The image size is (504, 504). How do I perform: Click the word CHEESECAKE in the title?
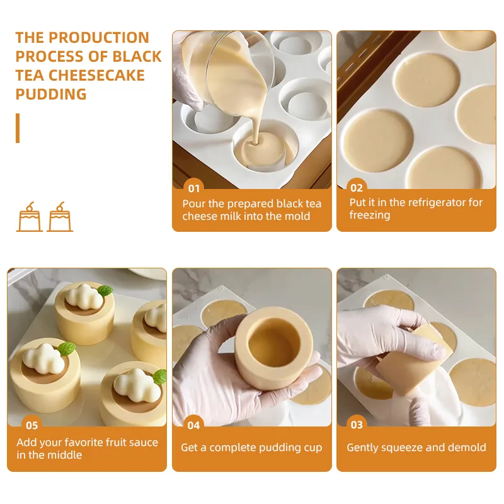pyautogui.click(x=96, y=76)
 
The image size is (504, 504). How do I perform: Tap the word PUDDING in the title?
pyautogui.click(x=51, y=94)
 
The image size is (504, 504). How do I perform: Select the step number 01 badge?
pyautogui.click(x=194, y=188)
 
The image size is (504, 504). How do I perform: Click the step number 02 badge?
pyautogui.click(x=357, y=188)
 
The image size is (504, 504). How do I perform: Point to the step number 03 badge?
pyautogui.click(x=357, y=425)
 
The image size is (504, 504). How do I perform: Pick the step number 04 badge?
pyautogui.click(x=193, y=426)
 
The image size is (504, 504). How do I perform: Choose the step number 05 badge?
pyautogui.click(x=32, y=426)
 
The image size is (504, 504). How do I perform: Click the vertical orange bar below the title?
pyautogui.click(x=18, y=128)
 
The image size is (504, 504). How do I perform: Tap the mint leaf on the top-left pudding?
pyautogui.click(x=105, y=291)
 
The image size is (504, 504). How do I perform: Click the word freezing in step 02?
pyautogui.click(x=370, y=215)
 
